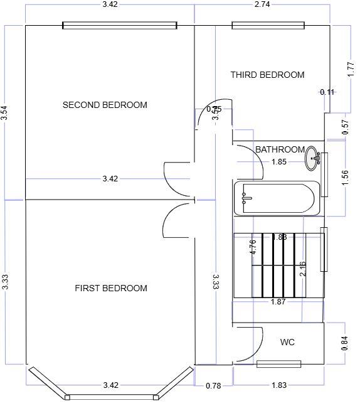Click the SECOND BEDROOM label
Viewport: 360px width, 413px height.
(105, 105)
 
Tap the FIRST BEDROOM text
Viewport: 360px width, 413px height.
(111, 288)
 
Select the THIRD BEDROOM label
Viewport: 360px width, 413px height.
(267, 75)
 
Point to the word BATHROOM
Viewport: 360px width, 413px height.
(280, 149)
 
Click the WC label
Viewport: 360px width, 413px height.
(287, 342)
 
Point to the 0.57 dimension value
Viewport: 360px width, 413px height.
(345, 127)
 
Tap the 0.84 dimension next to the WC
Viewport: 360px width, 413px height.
(345, 343)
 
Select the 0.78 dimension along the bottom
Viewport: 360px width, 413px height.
(213, 385)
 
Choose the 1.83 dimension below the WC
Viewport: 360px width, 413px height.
(279, 385)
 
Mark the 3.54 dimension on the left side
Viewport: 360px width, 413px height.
(5, 112)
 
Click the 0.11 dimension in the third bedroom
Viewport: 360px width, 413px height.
(327, 92)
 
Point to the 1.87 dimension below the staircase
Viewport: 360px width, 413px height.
(278, 302)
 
